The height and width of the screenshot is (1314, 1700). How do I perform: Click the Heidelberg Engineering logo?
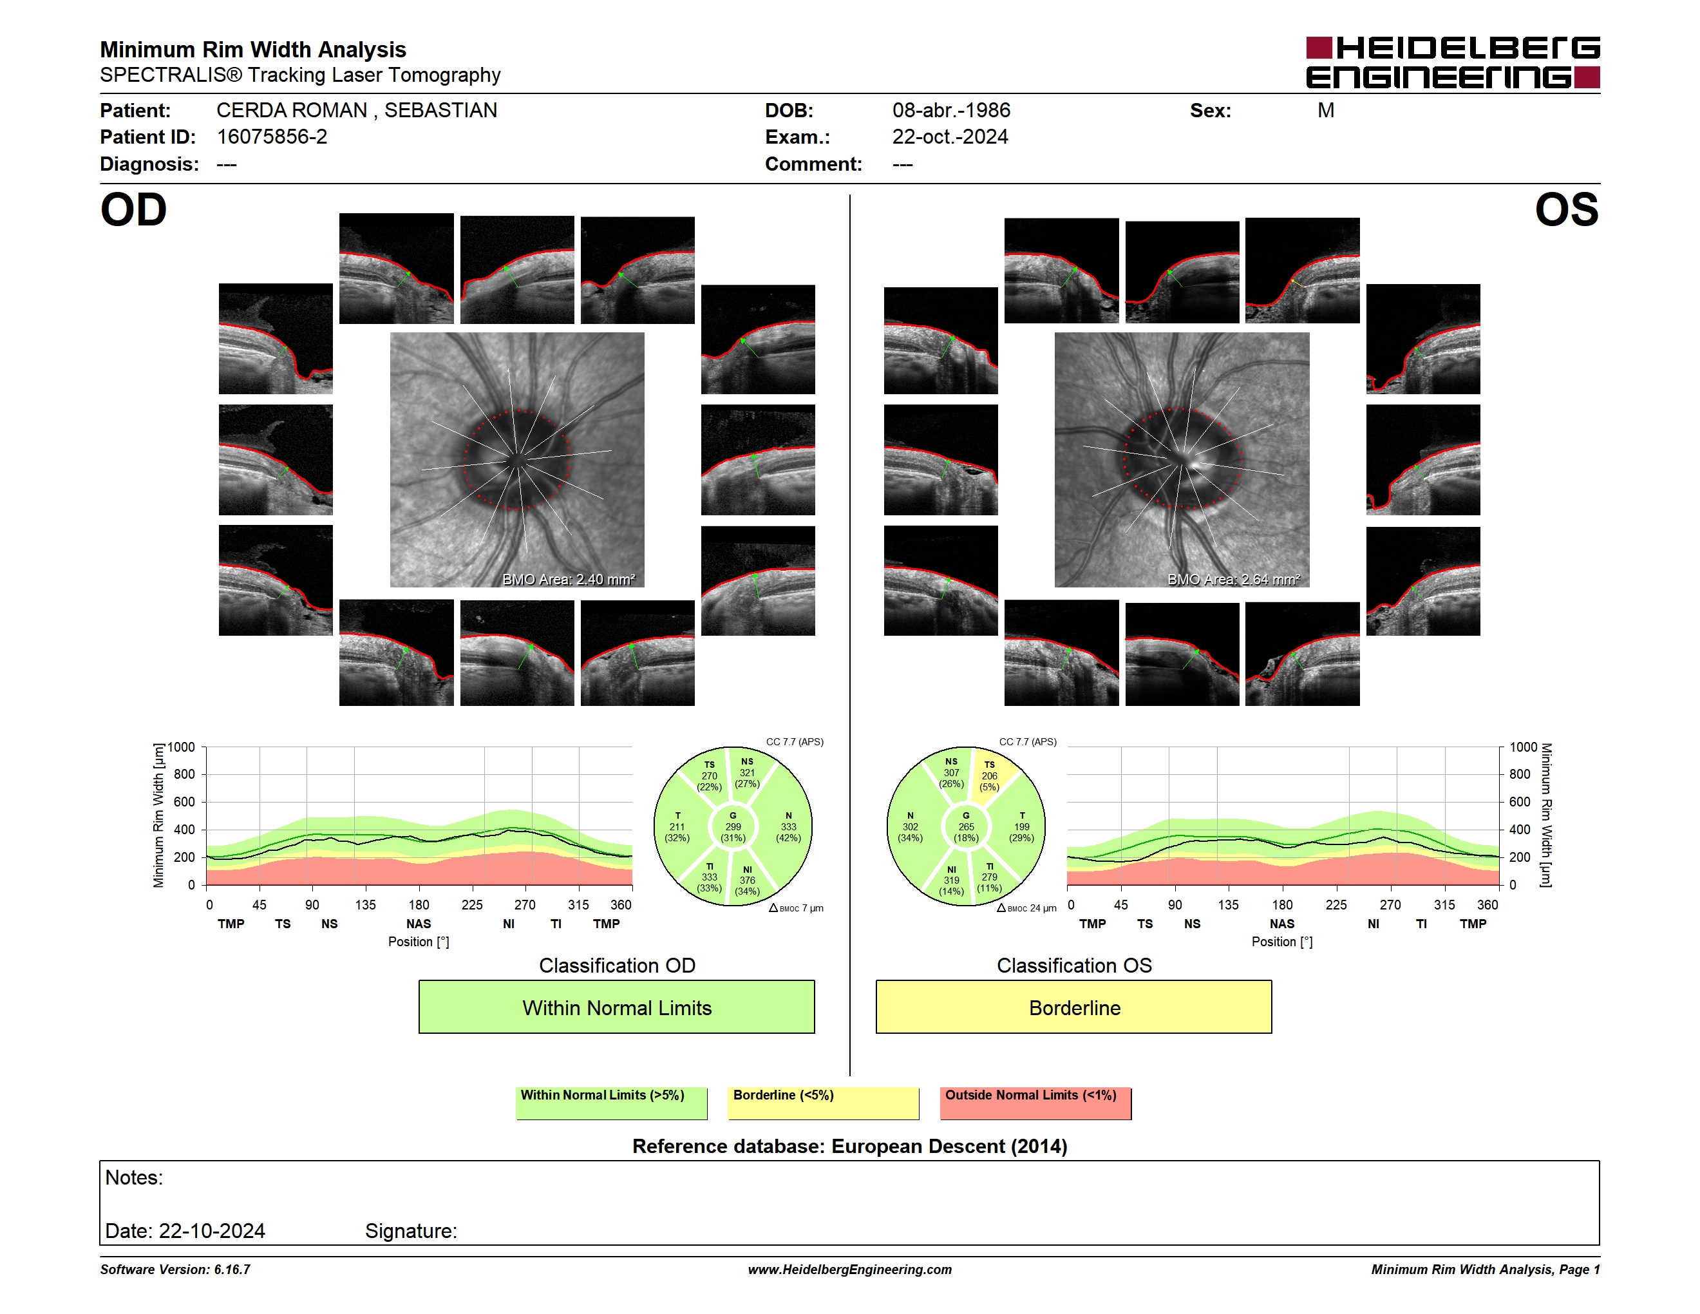[1453, 62]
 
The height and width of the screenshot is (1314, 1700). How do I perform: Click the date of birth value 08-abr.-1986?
[951, 111]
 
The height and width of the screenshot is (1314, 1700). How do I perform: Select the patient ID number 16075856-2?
[272, 137]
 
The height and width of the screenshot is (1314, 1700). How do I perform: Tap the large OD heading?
[133, 210]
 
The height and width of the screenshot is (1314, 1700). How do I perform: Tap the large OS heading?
[1566, 210]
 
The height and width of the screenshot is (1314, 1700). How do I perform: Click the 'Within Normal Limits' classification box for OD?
[616, 1007]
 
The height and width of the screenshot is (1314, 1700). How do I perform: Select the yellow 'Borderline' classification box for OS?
[1074, 1007]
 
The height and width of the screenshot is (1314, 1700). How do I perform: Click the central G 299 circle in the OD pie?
[732, 826]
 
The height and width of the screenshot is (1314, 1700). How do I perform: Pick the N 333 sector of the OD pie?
[788, 826]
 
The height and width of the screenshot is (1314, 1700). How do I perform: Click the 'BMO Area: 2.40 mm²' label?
[569, 579]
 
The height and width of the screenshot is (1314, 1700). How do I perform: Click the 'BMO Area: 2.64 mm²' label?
[1234, 579]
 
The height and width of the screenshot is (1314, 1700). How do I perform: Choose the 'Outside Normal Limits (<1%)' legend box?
[1035, 1103]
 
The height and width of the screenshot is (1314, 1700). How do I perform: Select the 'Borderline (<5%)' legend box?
[824, 1103]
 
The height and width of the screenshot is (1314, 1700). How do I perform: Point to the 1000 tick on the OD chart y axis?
[182, 747]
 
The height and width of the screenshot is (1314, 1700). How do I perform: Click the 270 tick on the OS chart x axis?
[1390, 904]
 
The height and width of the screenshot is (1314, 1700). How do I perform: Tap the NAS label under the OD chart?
[419, 924]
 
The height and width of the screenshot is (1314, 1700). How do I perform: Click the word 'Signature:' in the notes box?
[411, 1231]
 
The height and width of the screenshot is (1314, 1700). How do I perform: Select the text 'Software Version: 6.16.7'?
[175, 1270]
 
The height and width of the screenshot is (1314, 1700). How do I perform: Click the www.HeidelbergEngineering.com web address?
[850, 1270]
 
